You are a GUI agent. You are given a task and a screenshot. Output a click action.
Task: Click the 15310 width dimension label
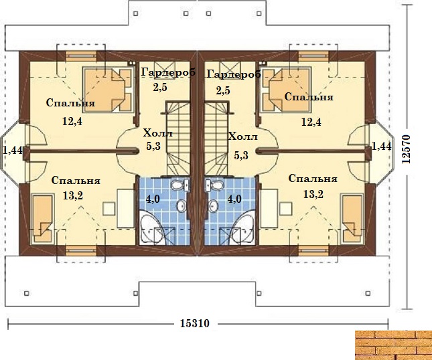pyautogui.click(x=194, y=323)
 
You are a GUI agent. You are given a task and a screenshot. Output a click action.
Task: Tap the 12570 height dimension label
pyautogui.click(x=406, y=149)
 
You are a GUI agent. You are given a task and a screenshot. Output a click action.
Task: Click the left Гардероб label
pyautogui.click(x=168, y=72)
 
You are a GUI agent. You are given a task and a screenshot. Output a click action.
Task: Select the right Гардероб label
pyautogui.click(x=234, y=74)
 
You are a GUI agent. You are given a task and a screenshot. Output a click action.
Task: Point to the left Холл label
pyautogui.click(x=158, y=133)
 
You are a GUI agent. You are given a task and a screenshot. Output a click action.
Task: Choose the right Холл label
pyautogui.click(x=242, y=137)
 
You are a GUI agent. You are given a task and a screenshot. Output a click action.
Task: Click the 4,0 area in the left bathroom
pyautogui.click(x=153, y=199)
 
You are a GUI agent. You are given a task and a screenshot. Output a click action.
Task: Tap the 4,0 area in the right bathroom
pyautogui.click(x=234, y=199)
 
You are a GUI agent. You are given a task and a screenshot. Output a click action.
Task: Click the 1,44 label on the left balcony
pyautogui.click(x=13, y=151)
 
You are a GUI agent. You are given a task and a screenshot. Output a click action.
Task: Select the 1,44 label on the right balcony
pyautogui.click(x=382, y=146)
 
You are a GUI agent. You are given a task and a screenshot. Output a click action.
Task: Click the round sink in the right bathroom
pyautogui.click(x=213, y=205)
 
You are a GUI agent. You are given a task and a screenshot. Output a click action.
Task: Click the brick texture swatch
pyautogui.click(x=393, y=345)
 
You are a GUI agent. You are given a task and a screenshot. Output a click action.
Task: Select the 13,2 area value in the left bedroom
pyautogui.click(x=73, y=195)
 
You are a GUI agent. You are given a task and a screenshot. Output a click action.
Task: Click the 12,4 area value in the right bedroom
pyautogui.click(x=311, y=122)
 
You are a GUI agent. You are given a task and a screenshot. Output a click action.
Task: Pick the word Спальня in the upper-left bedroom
pyautogui.click(x=70, y=103)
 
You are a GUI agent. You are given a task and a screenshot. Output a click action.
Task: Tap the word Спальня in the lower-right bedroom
pyautogui.click(x=313, y=179)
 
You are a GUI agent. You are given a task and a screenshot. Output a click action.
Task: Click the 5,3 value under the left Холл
pyautogui.click(x=153, y=146)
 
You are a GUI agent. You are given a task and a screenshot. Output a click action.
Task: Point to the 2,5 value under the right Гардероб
pyautogui.click(x=223, y=90)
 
